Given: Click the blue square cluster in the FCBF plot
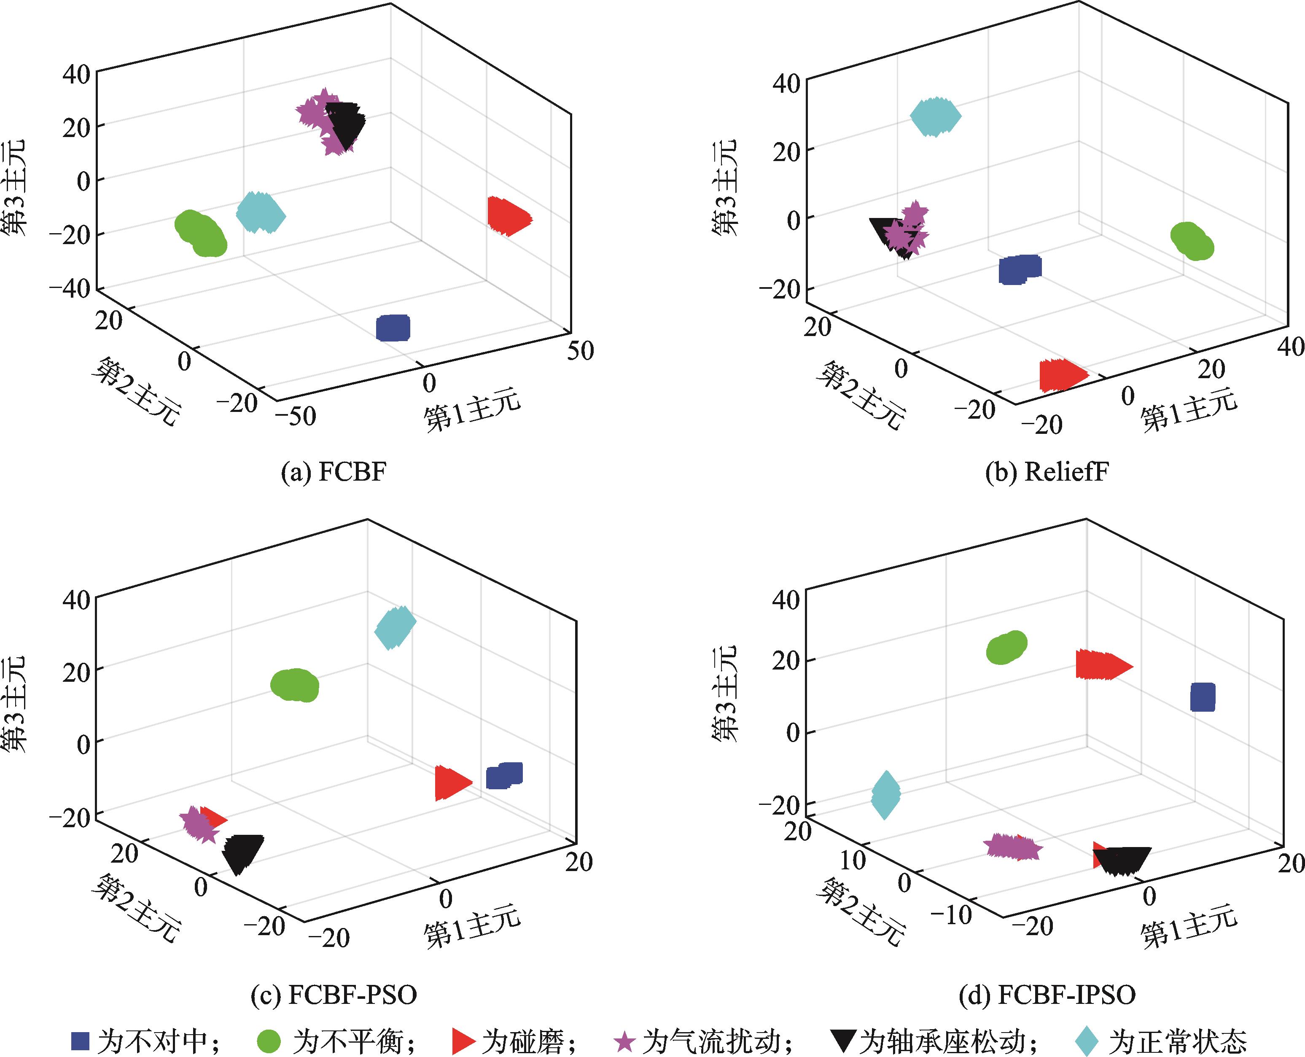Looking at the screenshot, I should (393, 328).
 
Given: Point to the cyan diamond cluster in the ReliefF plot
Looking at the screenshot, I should (935, 116).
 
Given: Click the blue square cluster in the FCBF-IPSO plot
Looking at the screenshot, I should (1203, 697).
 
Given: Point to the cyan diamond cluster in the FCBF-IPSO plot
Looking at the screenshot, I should (885, 795).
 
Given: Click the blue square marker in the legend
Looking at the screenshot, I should (81, 1040).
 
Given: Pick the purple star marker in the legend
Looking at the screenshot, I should (624, 1041).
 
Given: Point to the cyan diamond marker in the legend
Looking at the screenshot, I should (1087, 1041).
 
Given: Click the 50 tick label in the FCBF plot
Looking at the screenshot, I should (580, 351).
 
